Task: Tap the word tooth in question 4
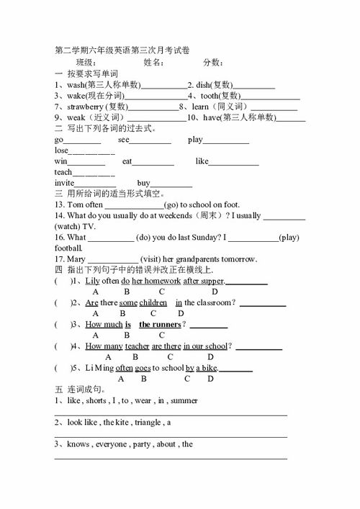[210, 96]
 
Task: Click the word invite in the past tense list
[65, 183]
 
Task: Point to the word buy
[144, 183]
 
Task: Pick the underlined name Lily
[92, 281]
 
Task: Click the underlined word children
[153, 302]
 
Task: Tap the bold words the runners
[160, 325]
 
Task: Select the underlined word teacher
[138, 346]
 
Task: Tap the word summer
[185, 400]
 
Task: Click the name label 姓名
[155, 63]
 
